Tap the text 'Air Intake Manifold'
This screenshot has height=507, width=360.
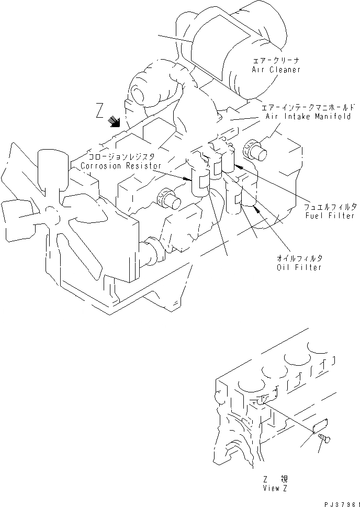coord(307,117)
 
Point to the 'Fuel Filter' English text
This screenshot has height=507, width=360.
coord(331,216)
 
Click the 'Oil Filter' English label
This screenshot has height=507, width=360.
coord(299,267)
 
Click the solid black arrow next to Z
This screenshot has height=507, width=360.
coord(114,122)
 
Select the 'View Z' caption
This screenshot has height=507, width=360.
coord(275,488)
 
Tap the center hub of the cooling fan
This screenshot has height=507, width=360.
coord(51,211)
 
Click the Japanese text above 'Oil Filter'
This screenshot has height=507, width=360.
coord(300,258)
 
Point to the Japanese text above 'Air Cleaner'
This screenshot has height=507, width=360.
coord(276,61)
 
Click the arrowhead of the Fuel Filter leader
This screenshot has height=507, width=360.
coord(237,166)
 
